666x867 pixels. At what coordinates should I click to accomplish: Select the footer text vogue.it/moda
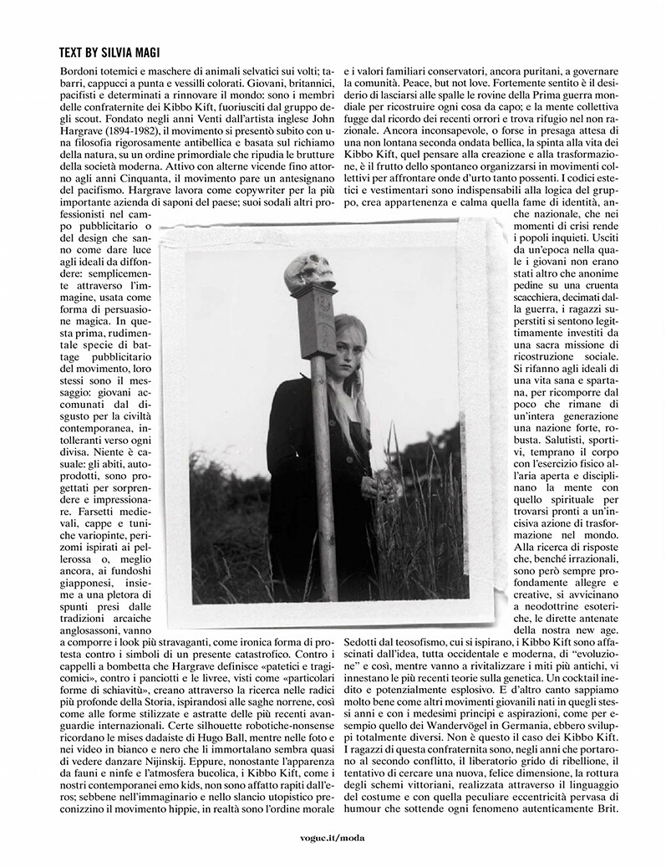point(332,836)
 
